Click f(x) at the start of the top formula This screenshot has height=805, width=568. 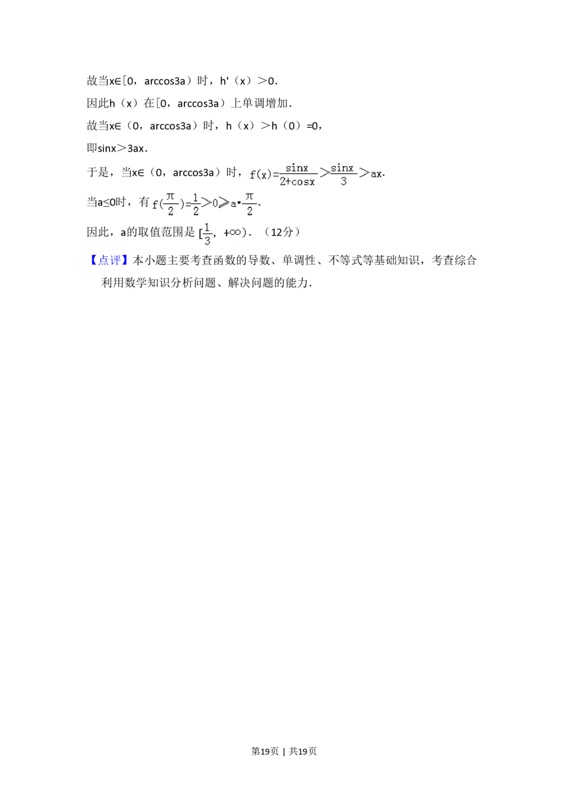[x=261, y=175]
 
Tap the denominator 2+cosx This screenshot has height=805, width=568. [x=296, y=182]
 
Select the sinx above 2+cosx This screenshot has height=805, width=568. [x=296, y=168]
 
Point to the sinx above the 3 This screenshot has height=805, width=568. [x=343, y=168]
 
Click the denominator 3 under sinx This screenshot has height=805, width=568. [x=343, y=182]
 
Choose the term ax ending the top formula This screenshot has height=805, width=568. [x=376, y=175]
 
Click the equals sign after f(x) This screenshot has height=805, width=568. [x=275, y=175]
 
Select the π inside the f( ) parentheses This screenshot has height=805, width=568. [x=170, y=197]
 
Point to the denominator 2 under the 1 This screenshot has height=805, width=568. [x=195, y=211]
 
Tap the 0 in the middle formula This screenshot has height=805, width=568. [x=215, y=203]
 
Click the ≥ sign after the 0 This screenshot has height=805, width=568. [x=224, y=202]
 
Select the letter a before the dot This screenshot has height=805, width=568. [x=233, y=204]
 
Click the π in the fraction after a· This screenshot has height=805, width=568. [x=249, y=197]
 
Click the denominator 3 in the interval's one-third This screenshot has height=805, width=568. [x=207, y=240]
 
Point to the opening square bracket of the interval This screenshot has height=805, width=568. [x=200, y=233]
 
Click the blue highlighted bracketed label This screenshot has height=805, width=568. [x=109, y=261]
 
